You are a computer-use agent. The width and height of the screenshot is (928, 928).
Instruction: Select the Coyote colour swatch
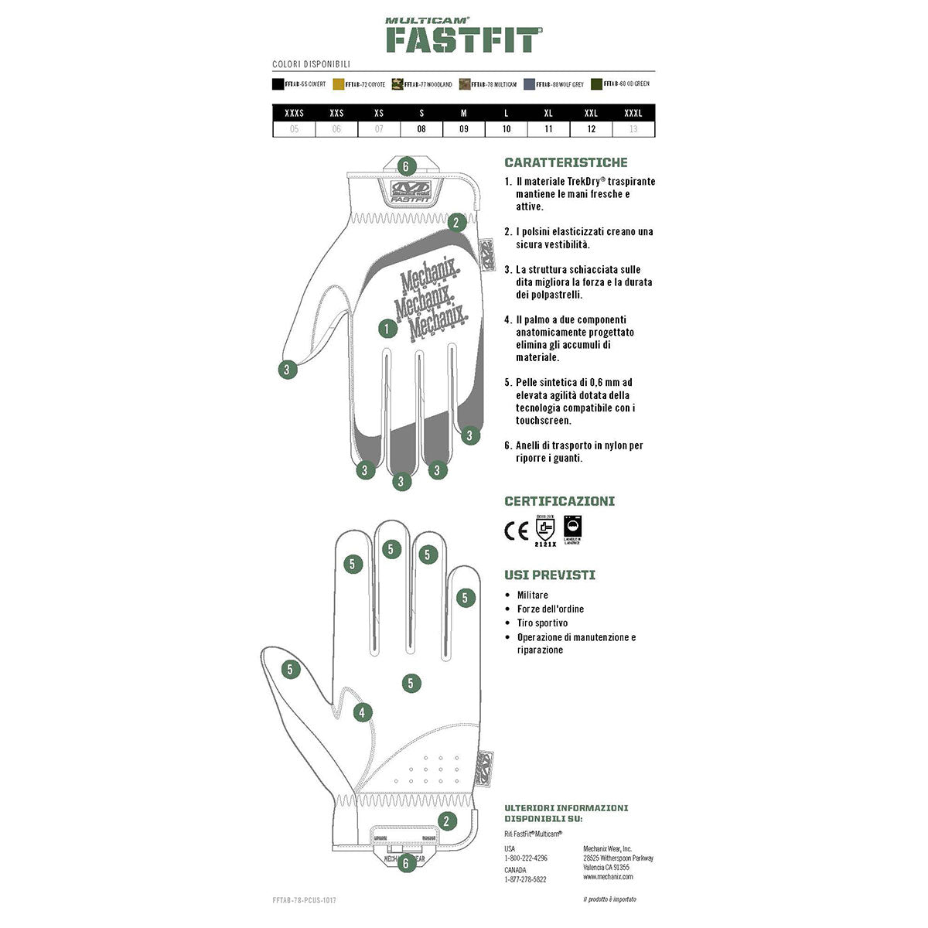339,84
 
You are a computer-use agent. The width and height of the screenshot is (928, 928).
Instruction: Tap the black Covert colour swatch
278,84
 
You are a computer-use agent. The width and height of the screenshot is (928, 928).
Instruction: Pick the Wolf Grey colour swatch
530,84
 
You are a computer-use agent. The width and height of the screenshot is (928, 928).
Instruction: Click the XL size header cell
548,113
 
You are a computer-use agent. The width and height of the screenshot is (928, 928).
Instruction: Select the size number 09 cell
464,129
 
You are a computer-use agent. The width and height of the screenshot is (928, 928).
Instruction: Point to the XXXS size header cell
294,113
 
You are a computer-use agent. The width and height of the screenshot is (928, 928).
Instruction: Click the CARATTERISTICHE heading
566,162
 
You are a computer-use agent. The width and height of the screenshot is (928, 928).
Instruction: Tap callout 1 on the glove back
387,329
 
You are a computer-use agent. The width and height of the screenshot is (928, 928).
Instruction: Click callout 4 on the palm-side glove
363,713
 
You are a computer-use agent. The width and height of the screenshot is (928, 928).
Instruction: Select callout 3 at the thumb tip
287,370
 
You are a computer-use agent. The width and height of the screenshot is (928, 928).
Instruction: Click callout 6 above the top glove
408,166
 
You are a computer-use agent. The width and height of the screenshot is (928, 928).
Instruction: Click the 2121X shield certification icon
544,530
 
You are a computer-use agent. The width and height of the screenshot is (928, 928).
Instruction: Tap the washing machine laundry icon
572,528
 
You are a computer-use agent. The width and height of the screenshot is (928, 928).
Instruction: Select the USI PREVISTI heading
550,575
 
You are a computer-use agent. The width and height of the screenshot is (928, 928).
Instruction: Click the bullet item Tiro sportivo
542,623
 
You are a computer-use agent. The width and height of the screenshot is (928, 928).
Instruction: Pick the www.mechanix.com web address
608,876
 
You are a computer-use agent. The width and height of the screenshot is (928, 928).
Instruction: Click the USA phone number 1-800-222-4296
526,858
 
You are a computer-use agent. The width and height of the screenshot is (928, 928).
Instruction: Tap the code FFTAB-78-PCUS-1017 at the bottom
305,900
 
